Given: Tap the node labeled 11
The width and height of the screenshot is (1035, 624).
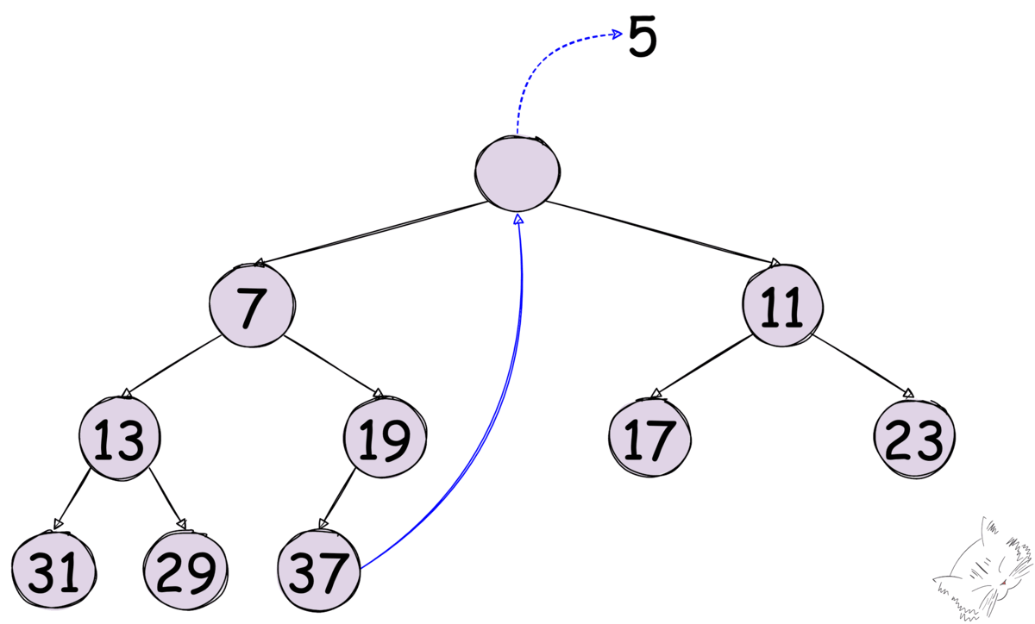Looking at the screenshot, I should (783, 308).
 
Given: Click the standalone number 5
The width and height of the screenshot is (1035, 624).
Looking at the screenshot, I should (643, 39).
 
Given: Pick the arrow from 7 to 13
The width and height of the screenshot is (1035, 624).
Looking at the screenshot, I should (172, 366).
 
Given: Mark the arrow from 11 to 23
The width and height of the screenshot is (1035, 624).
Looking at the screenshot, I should (862, 366).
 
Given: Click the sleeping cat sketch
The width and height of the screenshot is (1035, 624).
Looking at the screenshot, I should (988, 573).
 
